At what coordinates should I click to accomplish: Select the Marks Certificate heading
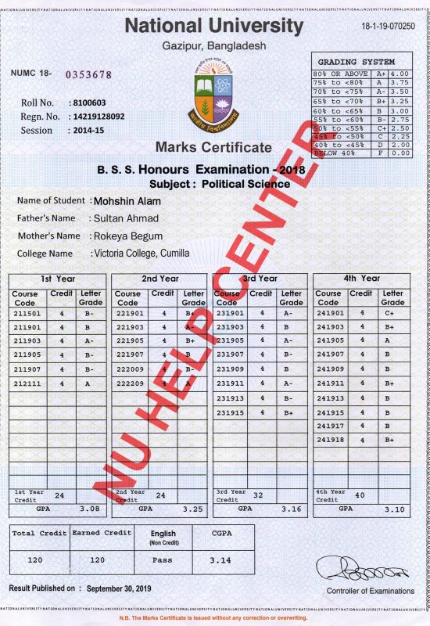[213, 146]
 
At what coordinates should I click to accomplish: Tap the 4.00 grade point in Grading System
[400, 73]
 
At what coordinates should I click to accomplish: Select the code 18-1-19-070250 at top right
[388, 26]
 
